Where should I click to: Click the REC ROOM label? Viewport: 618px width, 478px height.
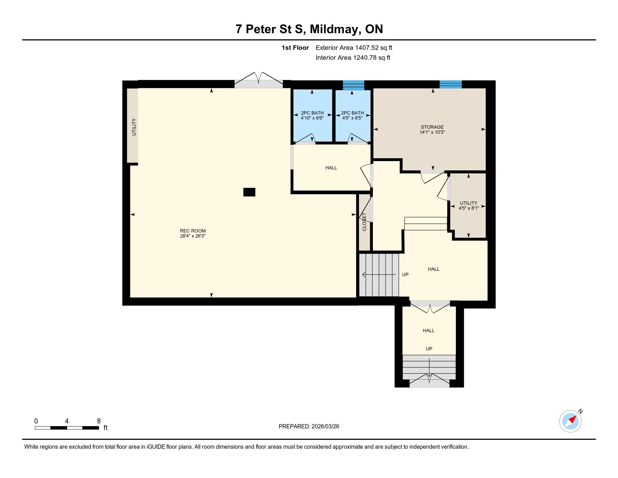point(193,231)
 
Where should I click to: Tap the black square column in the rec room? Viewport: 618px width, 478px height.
point(249,192)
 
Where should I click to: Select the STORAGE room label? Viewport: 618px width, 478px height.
point(432,127)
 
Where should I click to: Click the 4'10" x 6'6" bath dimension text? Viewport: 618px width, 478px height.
point(312,118)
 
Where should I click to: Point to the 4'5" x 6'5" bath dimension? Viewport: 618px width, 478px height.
point(352,118)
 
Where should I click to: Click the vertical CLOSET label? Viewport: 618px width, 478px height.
point(364,222)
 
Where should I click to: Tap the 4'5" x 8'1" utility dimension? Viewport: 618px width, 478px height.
point(469,208)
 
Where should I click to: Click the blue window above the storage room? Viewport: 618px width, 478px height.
point(451,84)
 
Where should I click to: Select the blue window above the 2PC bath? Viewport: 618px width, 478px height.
point(353,85)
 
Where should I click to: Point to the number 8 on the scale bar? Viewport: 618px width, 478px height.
point(99,421)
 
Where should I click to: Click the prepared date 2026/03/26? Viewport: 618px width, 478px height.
point(325,427)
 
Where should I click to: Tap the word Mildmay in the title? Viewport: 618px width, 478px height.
point(335,29)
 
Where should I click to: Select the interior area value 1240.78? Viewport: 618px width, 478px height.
point(365,58)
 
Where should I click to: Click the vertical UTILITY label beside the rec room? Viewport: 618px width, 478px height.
point(134,127)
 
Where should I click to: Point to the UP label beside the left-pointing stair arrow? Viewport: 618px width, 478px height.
point(405,274)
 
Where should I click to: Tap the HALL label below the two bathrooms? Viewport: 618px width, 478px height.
point(331,168)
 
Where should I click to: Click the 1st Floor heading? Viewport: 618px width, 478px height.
point(295,48)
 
